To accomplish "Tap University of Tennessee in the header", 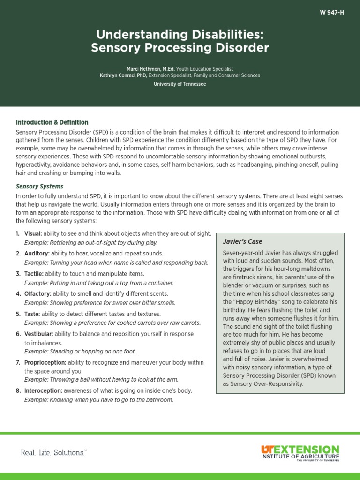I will [180, 84].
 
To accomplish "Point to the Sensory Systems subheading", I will [39, 186].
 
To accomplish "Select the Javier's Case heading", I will [242, 241].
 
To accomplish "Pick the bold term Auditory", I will [36, 254].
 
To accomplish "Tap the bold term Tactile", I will [34, 274].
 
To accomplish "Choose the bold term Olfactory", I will [37, 294].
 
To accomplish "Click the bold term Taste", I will [31, 314].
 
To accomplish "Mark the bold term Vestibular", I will [38, 334].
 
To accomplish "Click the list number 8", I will [18, 390].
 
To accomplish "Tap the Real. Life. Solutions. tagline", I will [53, 453].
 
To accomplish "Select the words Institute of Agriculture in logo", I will [300, 456].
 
